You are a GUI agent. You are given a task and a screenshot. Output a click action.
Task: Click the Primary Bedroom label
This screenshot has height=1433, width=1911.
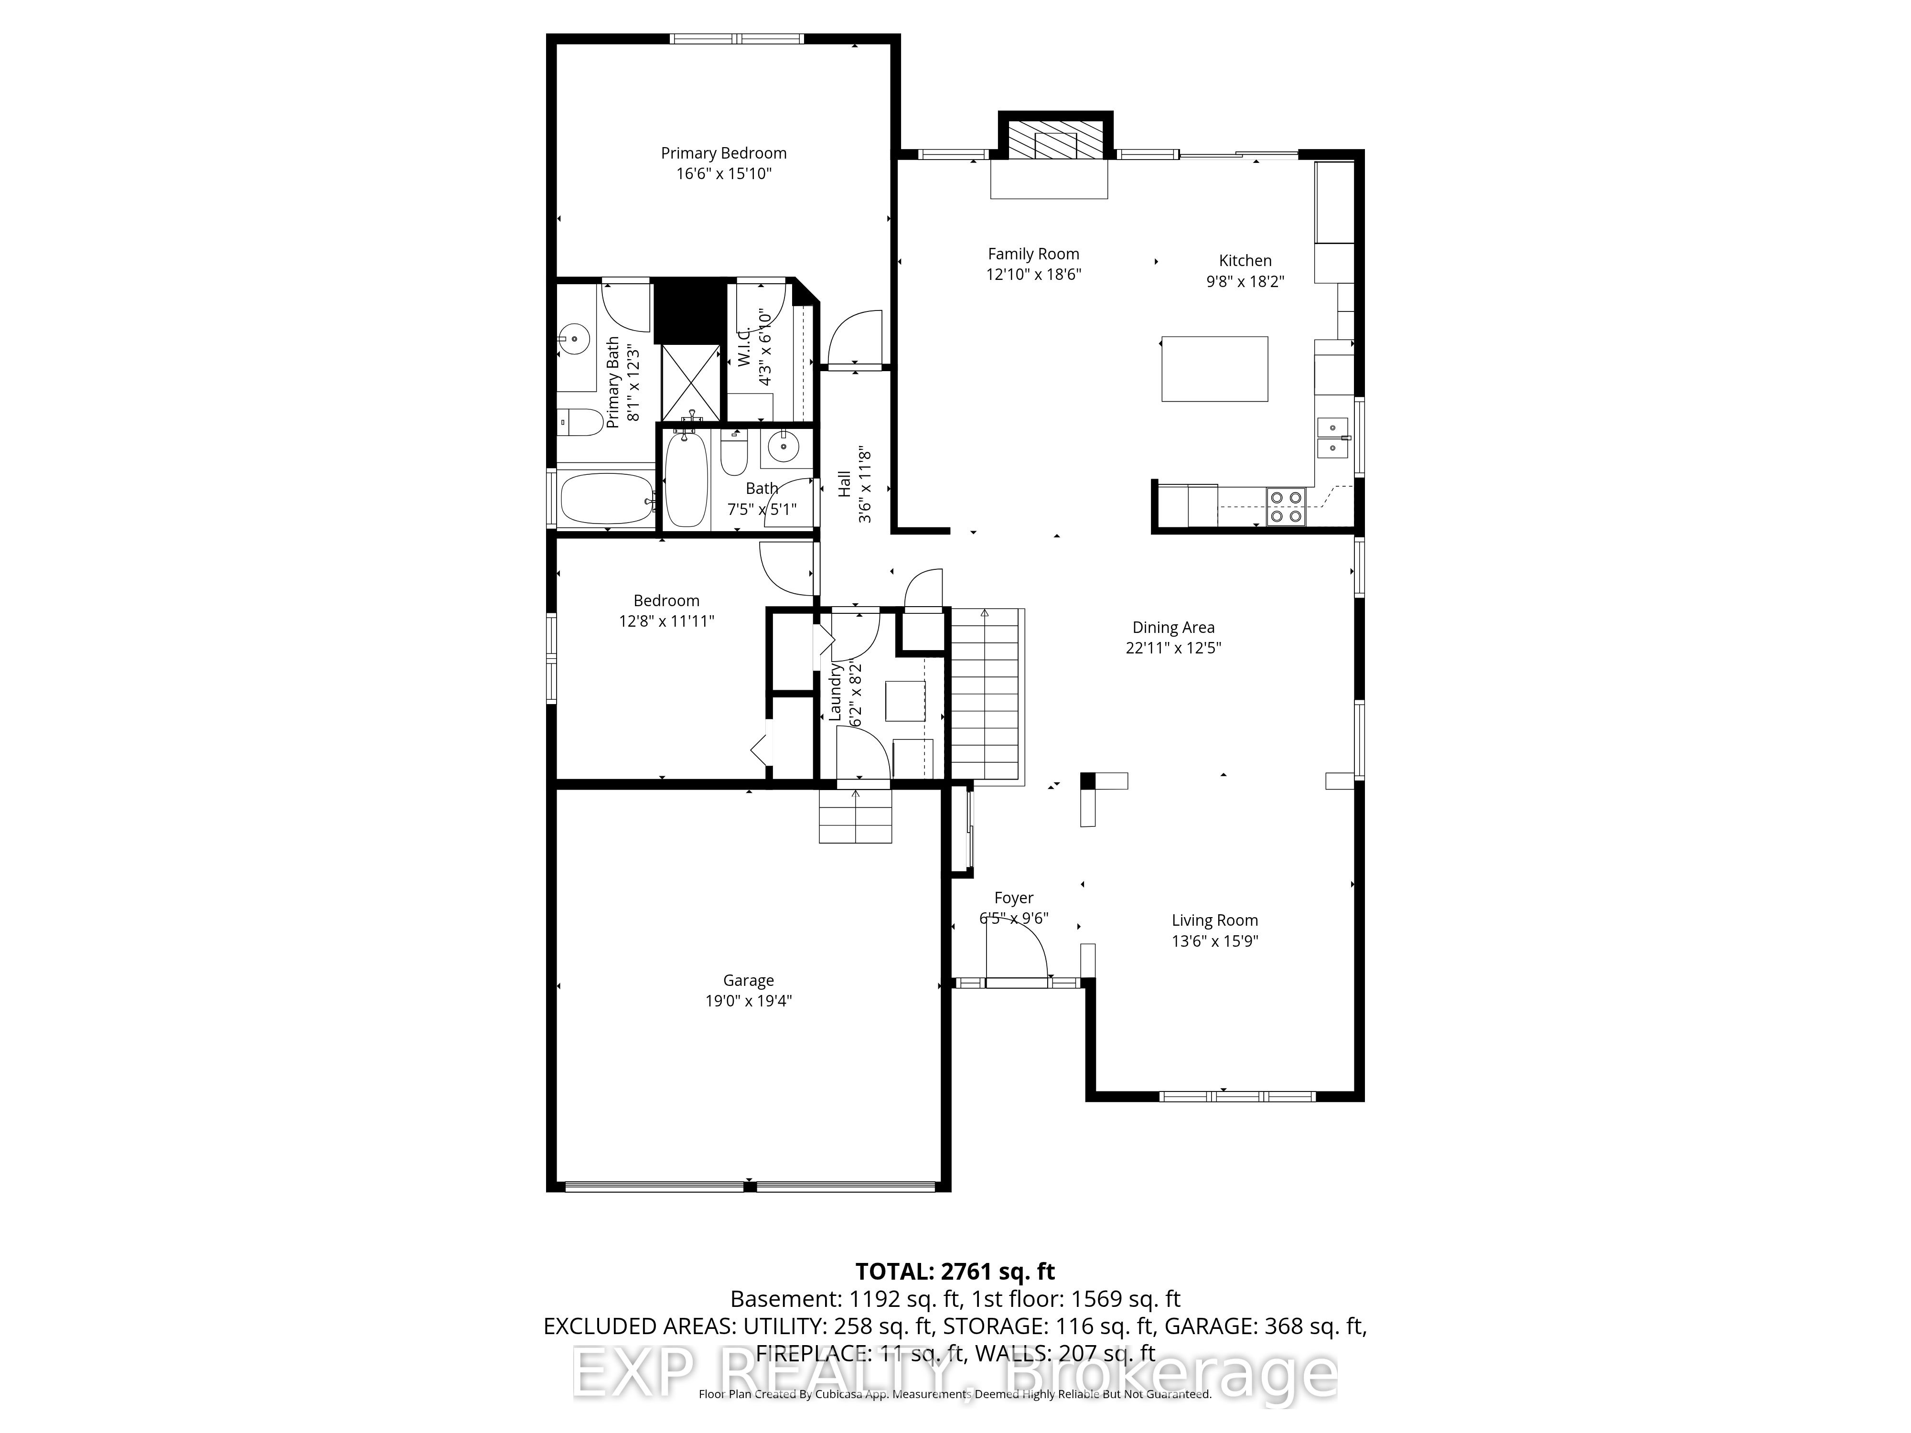[723, 153]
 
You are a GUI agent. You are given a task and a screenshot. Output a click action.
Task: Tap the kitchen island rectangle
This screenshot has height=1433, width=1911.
[1214, 369]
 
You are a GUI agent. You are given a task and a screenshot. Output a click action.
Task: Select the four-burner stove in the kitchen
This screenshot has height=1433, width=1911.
[1286, 507]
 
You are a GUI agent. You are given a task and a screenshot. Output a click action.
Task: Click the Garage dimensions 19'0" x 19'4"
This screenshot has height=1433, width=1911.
[748, 1000]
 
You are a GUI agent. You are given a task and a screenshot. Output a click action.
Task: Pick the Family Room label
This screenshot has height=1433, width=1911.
[1033, 254]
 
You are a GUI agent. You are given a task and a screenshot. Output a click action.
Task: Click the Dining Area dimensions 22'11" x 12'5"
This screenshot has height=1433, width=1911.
[1173, 648]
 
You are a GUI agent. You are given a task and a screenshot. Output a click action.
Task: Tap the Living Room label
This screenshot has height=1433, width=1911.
[1214, 920]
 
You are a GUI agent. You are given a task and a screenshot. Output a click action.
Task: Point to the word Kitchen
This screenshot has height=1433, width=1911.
[1245, 260]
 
